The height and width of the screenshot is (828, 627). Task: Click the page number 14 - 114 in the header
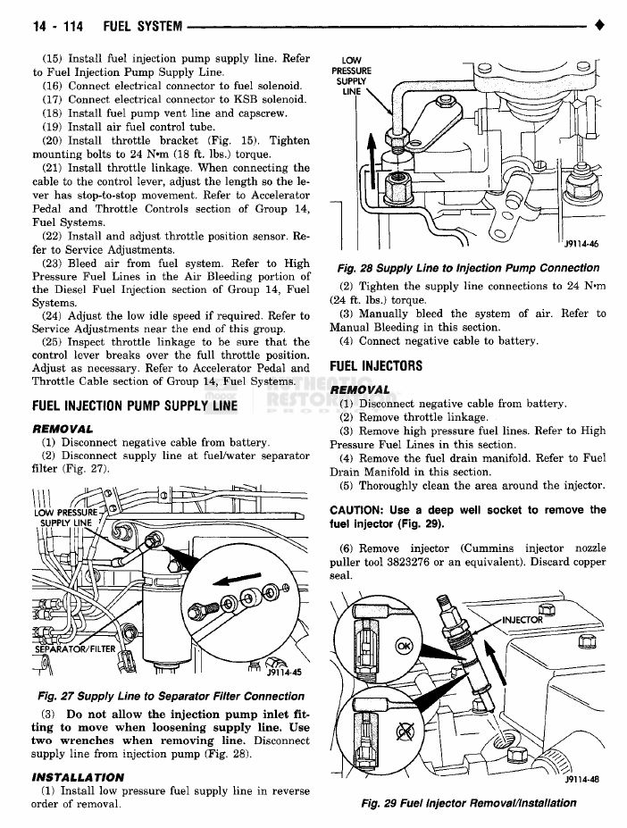point(58,26)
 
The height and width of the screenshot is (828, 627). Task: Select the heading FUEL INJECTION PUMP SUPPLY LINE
point(135,406)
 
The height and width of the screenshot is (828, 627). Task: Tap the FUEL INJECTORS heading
point(376,366)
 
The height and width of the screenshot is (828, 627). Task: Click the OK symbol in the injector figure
point(404,646)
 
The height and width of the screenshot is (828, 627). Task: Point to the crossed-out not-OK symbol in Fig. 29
point(405,732)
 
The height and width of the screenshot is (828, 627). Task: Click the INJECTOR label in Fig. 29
point(522,619)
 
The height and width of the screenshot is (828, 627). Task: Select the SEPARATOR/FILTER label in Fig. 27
point(75,648)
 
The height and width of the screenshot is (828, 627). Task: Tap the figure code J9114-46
point(581,245)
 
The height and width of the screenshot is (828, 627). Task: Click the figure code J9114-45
point(284,673)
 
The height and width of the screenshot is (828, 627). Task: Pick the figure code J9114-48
point(581,780)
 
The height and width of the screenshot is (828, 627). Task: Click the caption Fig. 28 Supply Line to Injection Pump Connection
point(468,268)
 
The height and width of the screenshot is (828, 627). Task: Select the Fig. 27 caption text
point(171,696)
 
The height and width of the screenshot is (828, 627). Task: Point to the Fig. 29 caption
point(469,803)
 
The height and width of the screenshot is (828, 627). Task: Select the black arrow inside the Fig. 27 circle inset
point(237,580)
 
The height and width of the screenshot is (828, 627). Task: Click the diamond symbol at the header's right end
point(598,25)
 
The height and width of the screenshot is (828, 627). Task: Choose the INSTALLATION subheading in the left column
point(78,777)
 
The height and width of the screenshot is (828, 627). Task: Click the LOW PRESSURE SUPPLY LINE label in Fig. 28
point(351,76)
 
